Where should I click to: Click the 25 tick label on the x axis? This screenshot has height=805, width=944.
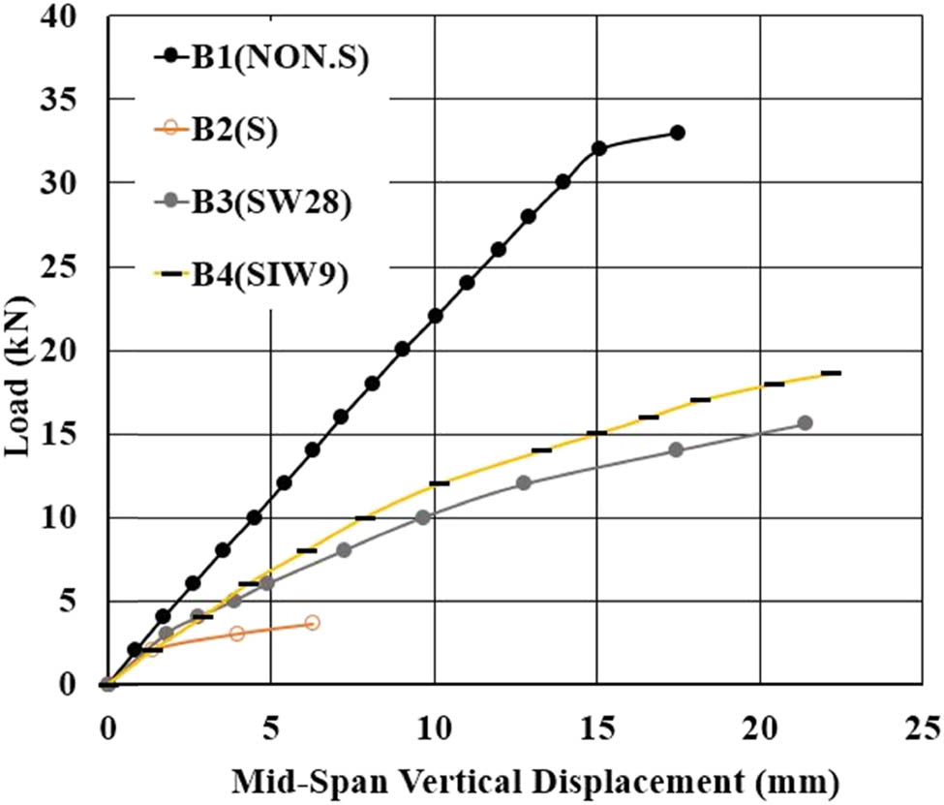coord(924,727)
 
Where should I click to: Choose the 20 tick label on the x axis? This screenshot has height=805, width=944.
coord(761,727)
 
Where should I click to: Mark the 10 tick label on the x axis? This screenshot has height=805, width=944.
coord(434,727)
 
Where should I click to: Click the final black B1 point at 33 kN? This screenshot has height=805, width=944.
coord(677,133)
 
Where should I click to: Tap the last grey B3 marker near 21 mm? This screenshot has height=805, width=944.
coord(804,422)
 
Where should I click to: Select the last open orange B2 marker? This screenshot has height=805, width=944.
coord(312,623)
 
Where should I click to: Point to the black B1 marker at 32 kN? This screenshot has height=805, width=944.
coord(599,148)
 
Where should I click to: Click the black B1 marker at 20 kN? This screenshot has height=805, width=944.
coord(402,349)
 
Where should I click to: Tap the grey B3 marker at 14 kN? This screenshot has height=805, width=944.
coord(676,449)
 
